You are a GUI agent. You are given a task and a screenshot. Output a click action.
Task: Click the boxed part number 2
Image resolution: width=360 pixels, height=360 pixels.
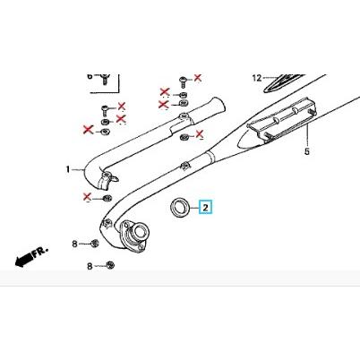coord(205,208)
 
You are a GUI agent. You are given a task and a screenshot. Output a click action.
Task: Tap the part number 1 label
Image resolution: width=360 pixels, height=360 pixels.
coord(67,169)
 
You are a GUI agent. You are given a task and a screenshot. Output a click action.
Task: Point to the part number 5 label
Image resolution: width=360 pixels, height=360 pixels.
coord(306,152)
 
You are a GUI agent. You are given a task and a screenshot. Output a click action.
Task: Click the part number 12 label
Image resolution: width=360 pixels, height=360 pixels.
coord(256,78)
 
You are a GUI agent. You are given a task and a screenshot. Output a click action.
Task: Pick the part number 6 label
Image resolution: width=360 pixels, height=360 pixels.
coord(90,77)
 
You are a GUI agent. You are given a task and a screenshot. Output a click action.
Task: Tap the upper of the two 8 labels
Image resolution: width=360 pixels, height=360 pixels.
coord(76,243)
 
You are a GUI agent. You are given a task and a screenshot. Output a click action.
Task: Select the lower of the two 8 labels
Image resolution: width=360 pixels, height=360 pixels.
coord(90,266)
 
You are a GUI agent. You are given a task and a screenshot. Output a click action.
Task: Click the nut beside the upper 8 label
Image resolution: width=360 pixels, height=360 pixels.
coord(95,243)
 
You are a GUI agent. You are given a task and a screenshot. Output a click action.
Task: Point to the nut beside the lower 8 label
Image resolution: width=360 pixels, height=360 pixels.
coord(109,265)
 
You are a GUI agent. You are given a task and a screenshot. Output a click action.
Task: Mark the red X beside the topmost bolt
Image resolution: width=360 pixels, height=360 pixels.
coord(198,80)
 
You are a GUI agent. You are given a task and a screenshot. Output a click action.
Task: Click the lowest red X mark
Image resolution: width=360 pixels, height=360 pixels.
coord(87,197)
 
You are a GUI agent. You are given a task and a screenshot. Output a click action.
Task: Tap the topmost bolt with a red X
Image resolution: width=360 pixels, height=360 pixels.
coord(184,81)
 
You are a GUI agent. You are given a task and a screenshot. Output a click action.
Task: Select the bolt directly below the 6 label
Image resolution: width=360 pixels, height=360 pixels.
coord(104,81)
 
